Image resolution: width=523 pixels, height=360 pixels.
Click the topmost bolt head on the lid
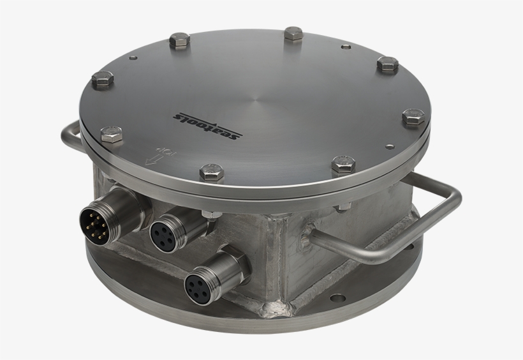click(x=294, y=34)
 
